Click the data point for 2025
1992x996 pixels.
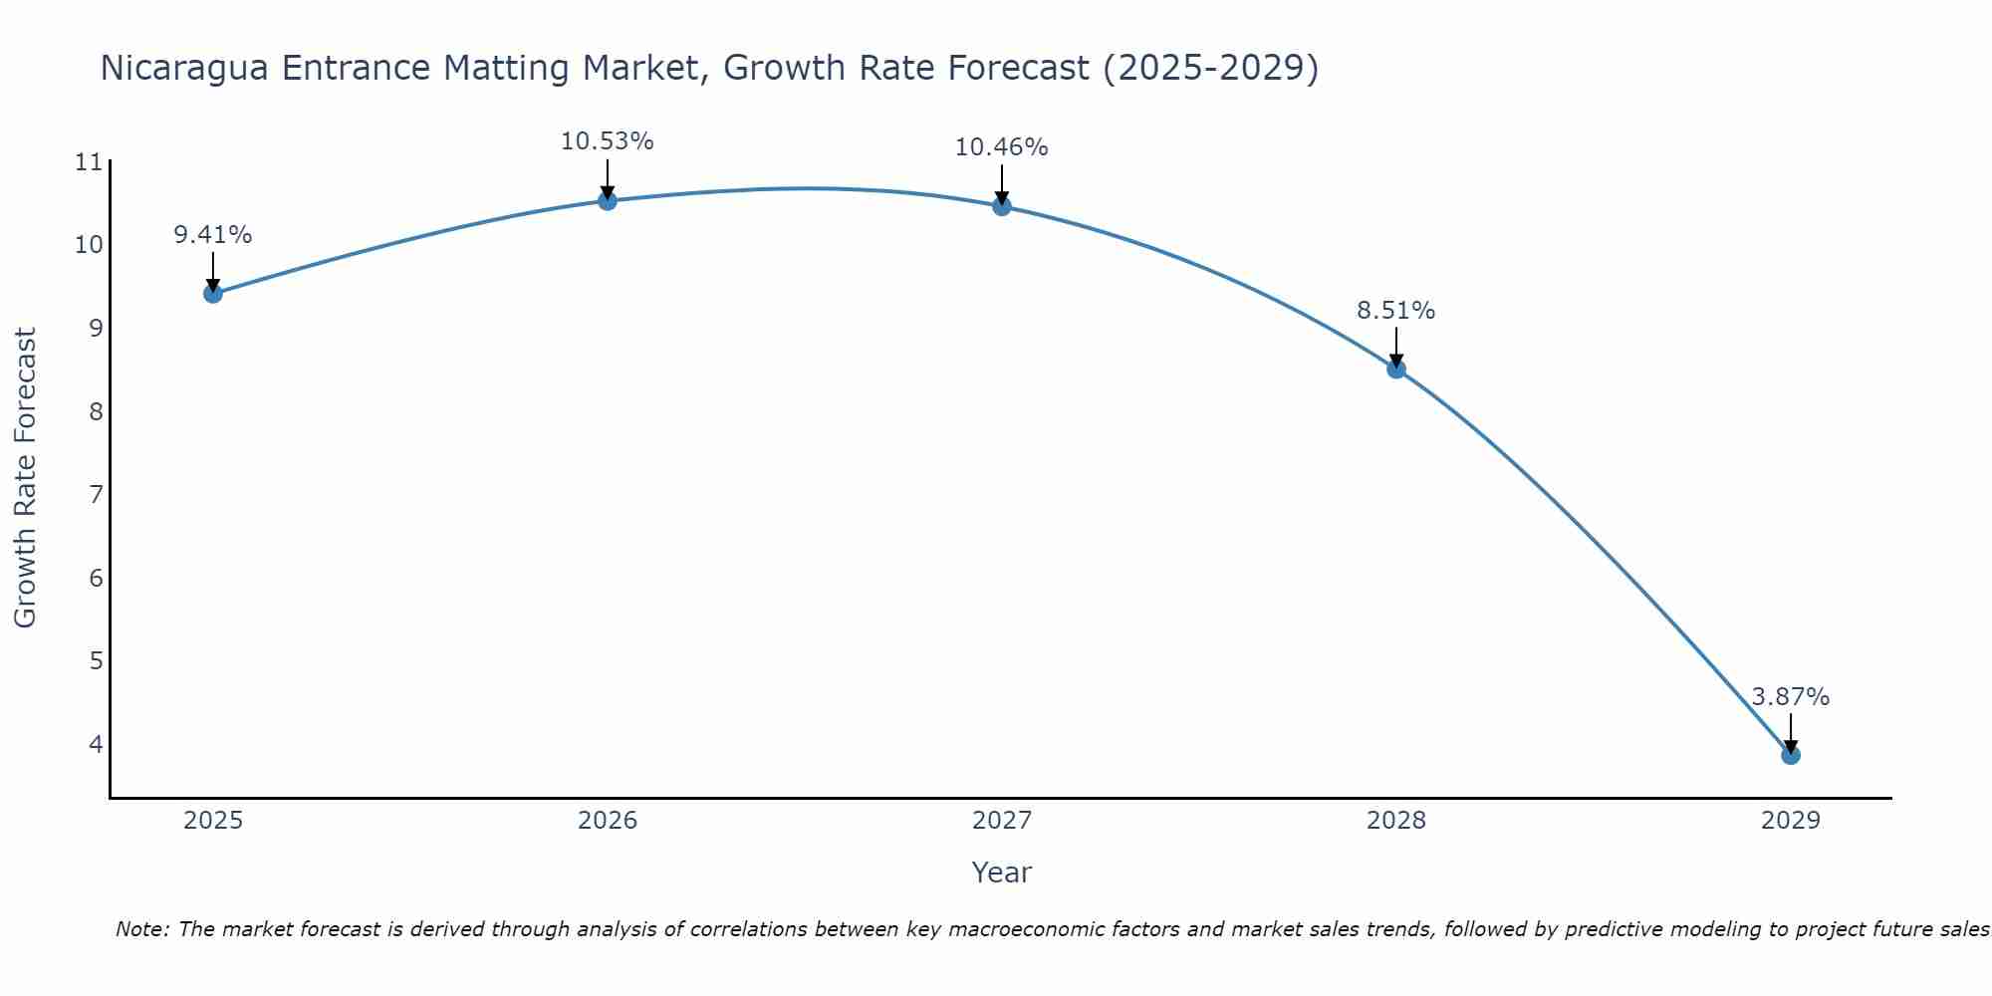coord(213,293)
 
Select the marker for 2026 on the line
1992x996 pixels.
coord(608,200)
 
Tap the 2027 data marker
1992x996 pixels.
coord(1002,206)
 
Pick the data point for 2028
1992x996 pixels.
coord(1396,369)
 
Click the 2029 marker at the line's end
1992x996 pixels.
coord(1791,755)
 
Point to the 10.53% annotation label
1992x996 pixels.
coord(607,141)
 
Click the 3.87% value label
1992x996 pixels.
coord(1790,697)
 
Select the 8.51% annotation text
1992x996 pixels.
coord(1395,311)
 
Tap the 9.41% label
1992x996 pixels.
coord(212,235)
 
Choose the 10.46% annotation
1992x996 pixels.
coord(1001,147)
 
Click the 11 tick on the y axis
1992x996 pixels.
coord(89,161)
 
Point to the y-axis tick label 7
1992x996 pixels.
coord(96,494)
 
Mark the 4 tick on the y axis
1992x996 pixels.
coord(96,744)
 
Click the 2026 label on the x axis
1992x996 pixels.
coord(608,821)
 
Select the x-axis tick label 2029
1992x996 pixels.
coord(1791,821)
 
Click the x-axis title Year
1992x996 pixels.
coord(1001,872)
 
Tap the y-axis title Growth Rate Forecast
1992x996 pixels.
coord(25,477)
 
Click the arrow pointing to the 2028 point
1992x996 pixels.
coord(1396,348)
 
